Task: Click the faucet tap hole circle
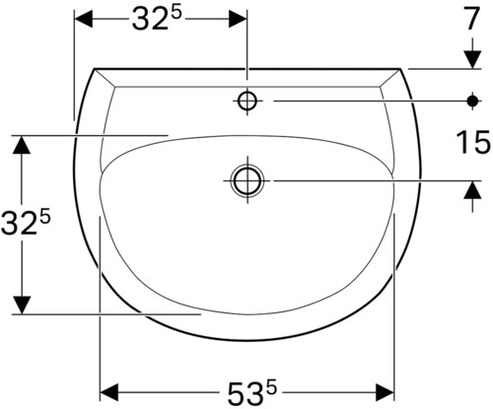pyautogui.click(x=247, y=101)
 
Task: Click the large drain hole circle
pyautogui.click(x=247, y=180)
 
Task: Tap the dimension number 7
pyautogui.click(x=471, y=19)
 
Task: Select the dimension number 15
pyautogui.click(x=473, y=142)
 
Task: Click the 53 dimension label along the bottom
pyautogui.click(x=252, y=392)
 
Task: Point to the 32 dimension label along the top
pyautogui.click(x=157, y=18)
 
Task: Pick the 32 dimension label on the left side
pyautogui.click(x=26, y=222)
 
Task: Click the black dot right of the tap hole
pyautogui.click(x=472, y=101)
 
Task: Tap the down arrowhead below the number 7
pyautogui.click(x=472, y=59)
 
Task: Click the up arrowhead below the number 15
pyautogui.click(x=472, y=190)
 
